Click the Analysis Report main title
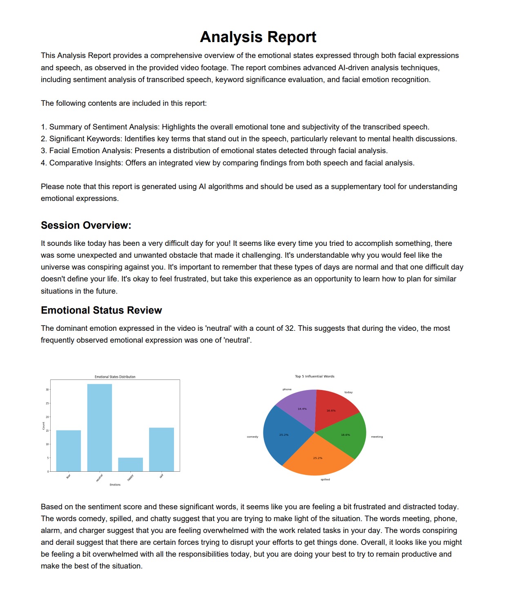click(258, 37)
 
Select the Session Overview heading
click(86, 225)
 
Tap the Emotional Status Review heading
click(101, 310)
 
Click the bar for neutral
click(99, 428)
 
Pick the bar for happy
click(130, 464)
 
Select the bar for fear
click(68, 451)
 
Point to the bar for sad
click(161, 449)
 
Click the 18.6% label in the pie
click(346, 435)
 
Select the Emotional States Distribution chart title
click(115, 377)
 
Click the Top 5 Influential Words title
click(314, 377)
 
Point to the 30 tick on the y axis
click(47, 390)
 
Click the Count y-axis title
click(44, 426)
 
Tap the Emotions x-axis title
click(115, 485)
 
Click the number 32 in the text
click(289, 328)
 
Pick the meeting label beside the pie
click(377, 437)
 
